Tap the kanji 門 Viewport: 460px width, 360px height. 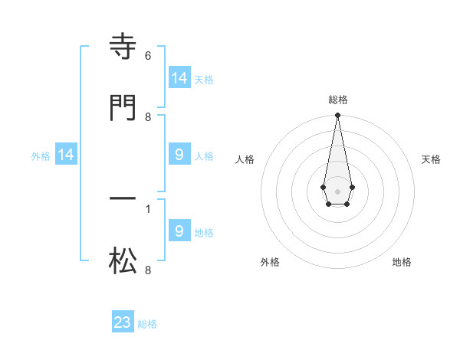(123, 107)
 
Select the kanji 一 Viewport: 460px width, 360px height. (123, 198)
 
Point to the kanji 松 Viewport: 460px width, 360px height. (123, 261)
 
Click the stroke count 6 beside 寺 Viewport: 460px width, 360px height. (148, 56)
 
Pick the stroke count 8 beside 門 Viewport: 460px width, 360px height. (148, 116)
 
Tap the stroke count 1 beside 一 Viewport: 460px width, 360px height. (148, 208)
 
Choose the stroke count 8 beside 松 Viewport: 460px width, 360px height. (148, 270)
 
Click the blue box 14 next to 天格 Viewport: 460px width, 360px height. (179, 78)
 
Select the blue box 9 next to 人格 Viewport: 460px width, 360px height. (179, 155)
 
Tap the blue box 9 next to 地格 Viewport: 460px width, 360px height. (179, 231)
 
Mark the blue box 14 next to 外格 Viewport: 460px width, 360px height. (66, 155)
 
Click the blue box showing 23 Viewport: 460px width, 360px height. (123, 322)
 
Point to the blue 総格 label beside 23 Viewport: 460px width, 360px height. (147, 324)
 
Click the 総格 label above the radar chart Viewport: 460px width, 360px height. (337, 100)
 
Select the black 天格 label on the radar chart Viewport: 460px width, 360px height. (432, 159)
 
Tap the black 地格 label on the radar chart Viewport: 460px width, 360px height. (402, 263)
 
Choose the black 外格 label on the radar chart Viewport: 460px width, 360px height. (270, 263)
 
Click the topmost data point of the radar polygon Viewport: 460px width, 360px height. (337, 116)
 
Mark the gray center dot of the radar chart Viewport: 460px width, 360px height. (337, 191)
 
